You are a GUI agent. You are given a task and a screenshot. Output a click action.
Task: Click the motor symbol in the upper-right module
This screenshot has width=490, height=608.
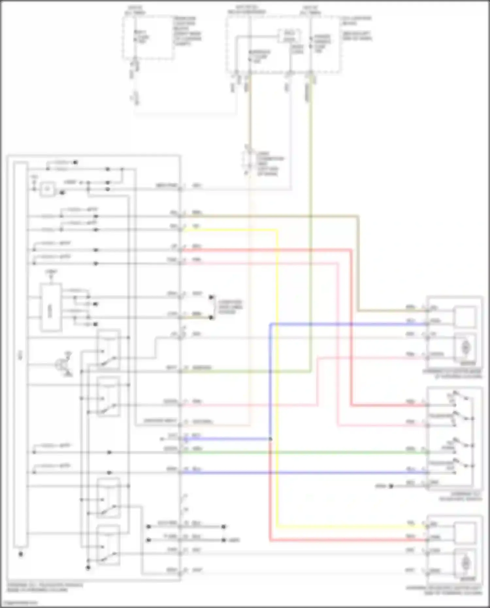[x=465, y=348]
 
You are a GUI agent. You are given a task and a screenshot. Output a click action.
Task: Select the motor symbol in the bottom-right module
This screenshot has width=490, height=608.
[x=465, y=563]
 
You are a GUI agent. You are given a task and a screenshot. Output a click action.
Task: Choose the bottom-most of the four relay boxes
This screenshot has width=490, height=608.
[x=108, y=545]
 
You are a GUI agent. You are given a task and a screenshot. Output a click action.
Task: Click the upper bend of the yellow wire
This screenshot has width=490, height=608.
[x=277, y=230]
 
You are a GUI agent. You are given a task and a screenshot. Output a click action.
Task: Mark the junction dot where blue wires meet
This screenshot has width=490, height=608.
[x=270, y=439]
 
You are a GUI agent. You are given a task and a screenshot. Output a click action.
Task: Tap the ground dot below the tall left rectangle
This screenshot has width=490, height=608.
[x=21, y=554]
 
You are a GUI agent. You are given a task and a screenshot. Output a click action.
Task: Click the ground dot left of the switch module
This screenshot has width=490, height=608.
[x=391, y=486]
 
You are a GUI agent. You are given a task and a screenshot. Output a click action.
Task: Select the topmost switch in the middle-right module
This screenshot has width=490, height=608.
[x=461, y=397]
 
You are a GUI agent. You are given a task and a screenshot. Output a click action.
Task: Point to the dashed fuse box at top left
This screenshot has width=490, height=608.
[x=149, y=38]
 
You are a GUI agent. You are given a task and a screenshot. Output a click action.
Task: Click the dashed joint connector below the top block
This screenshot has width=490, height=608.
[x=249, y=162]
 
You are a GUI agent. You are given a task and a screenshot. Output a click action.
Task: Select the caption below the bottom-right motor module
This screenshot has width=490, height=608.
[x=444, y=590]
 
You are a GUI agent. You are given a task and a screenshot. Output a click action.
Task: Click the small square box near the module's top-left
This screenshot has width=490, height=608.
[x=48, y=189]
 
